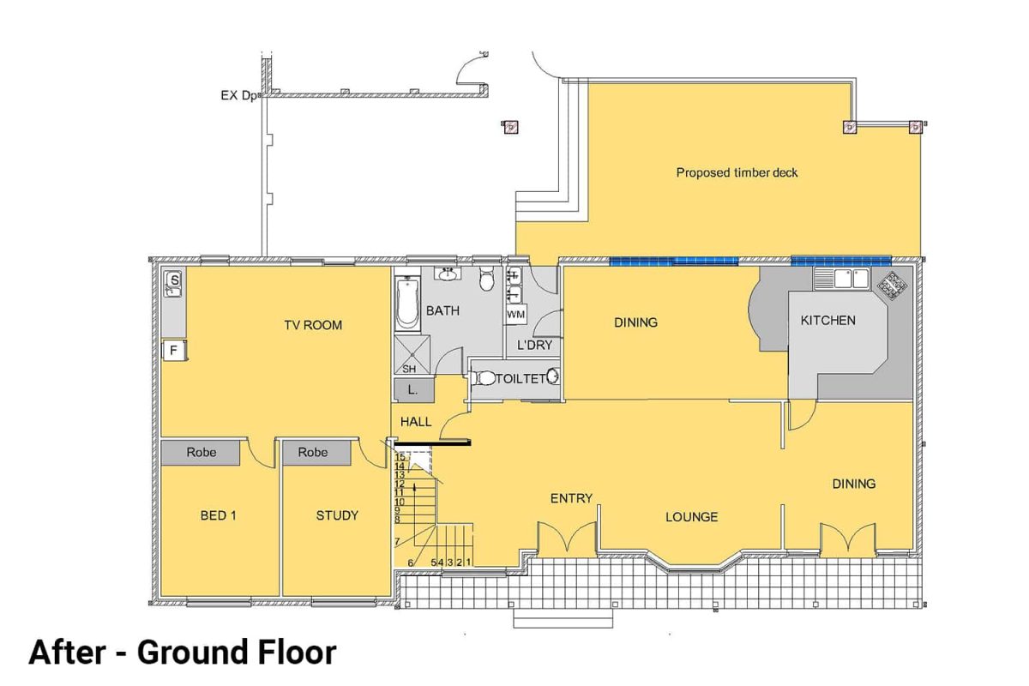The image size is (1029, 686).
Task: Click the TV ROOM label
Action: tap(313, 325)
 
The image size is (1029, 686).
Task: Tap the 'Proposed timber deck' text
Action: tap(737, 172)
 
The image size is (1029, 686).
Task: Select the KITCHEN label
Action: tap(827, 321)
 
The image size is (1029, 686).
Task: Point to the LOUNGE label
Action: tap(692, 517)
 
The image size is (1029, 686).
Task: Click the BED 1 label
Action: tap(218, 515)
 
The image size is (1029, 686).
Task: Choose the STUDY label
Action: tap(337, 515)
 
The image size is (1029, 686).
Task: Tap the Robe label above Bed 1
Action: tap(202, 453)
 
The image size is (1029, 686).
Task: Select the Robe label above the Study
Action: tap(313, 453)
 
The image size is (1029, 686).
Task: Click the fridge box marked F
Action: tap(173, 350)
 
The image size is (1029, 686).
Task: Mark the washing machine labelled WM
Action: tap(514, 315)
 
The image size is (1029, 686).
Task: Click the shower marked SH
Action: tap(409, 369)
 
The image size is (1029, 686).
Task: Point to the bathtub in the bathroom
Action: tap(407, 304)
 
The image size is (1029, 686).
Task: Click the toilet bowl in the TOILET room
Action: tap(486, 377)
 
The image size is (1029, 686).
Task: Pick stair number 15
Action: tap(400, 457)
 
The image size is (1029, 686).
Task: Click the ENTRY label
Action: tap(571, 498)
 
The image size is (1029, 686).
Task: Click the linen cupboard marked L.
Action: tap(412, 390)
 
